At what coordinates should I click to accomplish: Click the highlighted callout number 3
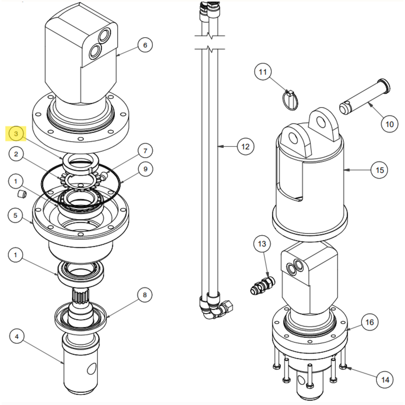16,134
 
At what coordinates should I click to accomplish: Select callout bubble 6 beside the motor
145,45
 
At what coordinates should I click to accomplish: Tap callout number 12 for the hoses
245,146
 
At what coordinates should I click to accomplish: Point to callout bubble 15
379,170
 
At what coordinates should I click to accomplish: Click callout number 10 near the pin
389,124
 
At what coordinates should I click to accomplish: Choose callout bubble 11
263,72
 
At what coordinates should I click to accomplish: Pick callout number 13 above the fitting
262,244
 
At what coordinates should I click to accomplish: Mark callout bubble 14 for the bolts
385,379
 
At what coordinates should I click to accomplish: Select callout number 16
369,322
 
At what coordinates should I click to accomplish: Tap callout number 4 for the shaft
17,336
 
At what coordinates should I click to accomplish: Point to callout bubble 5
16,215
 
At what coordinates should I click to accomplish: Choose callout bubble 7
145,151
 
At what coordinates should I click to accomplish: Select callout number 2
16,154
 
